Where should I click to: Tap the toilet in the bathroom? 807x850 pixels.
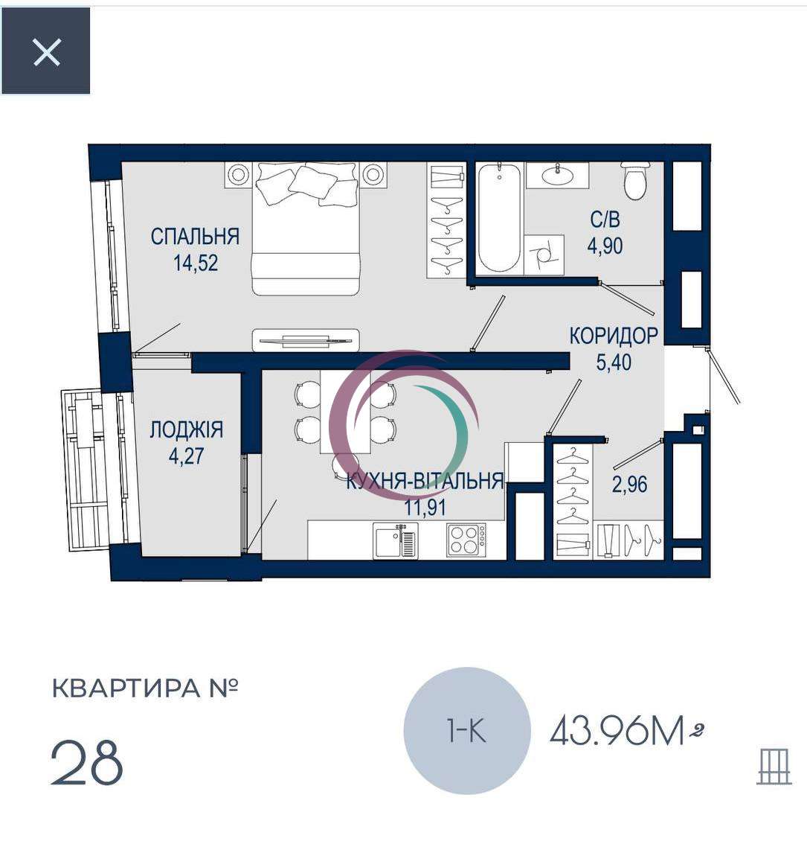coord(634,181)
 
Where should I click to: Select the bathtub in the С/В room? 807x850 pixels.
coord(499,218)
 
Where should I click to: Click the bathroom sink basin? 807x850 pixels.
coord(557,175)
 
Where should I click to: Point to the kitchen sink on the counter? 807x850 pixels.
coord(396,540)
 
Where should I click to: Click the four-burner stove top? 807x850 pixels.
coord(466,540)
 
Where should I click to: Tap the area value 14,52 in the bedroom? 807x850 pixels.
coord(196,263)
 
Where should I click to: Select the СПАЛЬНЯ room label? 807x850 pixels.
coord(195,237)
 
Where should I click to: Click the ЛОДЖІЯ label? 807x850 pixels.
coord(186,429)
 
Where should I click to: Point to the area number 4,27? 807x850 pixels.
coord(186,456)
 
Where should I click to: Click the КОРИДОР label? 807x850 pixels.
coord(614,336)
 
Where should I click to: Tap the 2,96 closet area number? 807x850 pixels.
coord(629,484)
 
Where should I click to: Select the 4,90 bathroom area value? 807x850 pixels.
coord(605,246)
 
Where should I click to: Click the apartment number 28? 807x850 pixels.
coord(87,762)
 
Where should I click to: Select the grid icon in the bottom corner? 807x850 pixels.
coord(774,766)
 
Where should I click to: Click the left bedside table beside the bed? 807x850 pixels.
coord(238,174)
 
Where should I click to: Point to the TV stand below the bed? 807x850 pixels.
coord(306,340)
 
